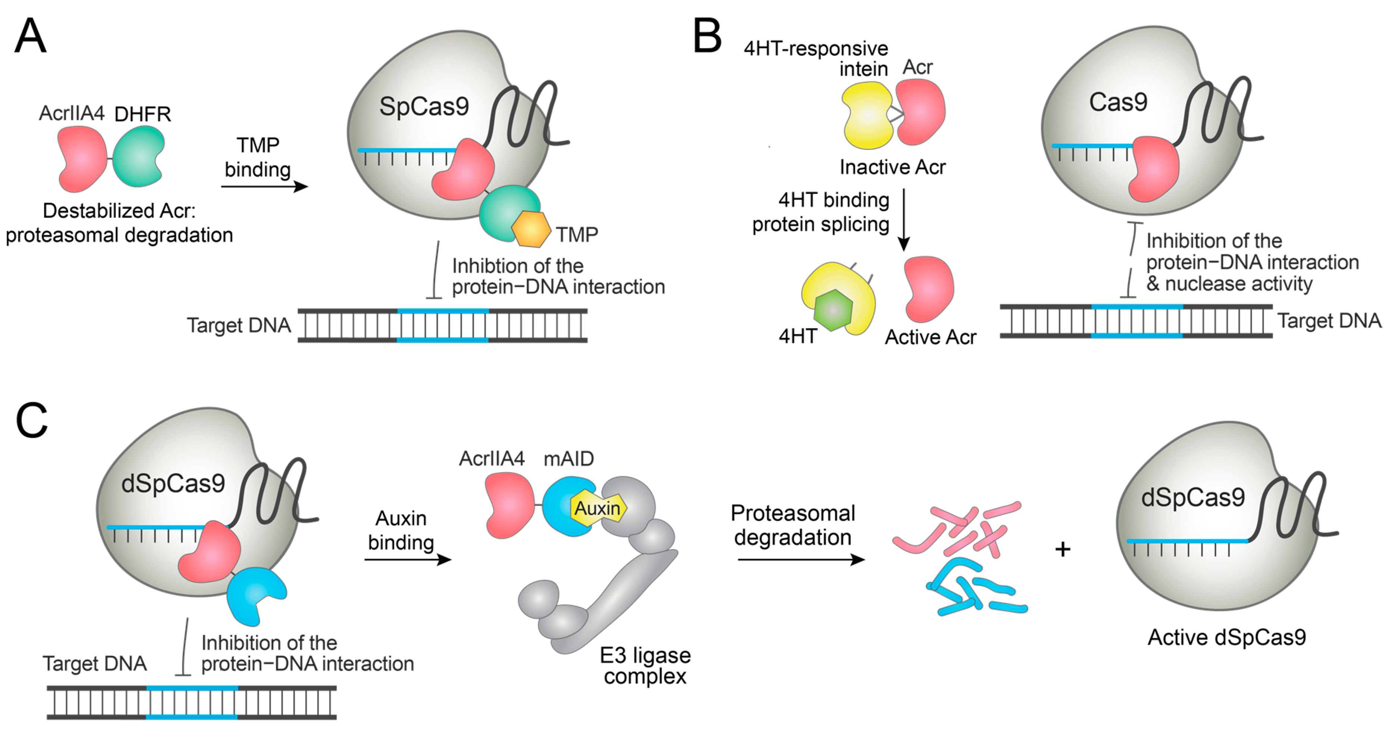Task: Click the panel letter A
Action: [30, 36]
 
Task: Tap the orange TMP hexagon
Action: [531, 229]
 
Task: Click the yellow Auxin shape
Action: [598, 508]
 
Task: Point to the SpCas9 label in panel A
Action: [424, 106]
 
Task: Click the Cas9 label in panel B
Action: [1118, 102]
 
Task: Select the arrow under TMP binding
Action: [264, 186]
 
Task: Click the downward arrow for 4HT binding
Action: [903, 219]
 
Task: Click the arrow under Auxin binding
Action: [407, 559]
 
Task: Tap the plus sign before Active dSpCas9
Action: [1063, 549]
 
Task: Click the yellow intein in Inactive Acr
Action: [867, 115]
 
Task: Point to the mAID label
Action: [568, 459]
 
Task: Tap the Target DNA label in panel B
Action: [1329, 321]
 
